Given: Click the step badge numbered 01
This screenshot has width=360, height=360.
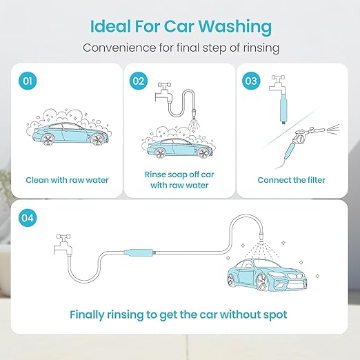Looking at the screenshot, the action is (x=28, y=81).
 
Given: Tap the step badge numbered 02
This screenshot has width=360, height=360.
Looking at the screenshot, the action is (x=139, y=81).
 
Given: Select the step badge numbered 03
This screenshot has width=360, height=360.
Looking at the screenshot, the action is (x=251, y=81).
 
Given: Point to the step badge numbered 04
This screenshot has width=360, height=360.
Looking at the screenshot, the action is (x=28, y=218).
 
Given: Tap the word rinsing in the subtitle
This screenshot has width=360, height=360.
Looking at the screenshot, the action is (x=261, y=48).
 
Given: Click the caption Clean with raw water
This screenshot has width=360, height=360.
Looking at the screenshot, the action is (x=67, y=180).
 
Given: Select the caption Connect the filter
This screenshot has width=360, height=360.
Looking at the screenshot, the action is (x=291, y=180).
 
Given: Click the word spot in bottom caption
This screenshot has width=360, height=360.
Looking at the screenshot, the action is (x=275, y=315).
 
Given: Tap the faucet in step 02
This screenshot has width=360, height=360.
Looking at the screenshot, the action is (x=163, y=92).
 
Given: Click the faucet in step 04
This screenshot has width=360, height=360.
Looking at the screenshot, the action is (x=63, y=244).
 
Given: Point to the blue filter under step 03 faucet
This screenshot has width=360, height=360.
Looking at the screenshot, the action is (x=283, y=108).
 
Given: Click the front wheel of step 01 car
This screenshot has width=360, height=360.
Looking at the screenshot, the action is (x=97, y=139).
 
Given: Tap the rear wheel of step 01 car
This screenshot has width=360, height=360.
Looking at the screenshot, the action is (x=48, y=139).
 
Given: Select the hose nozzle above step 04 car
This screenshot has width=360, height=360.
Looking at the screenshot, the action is (x=261, y=236).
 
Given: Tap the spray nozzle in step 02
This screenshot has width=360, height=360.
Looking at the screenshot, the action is (x=194, y=114).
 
